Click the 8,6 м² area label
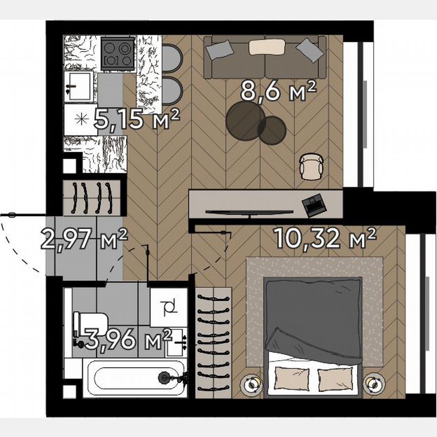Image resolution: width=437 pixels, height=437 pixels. tap(278, 92)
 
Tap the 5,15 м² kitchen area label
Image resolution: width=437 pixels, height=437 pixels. tap(137, 120)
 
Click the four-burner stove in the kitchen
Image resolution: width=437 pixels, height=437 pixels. tap(117, 53)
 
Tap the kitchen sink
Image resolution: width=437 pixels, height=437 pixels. tap(78, 86)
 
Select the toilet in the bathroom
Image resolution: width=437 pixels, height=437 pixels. tap(91, 324)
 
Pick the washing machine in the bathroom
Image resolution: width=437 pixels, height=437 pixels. tap(169, 306)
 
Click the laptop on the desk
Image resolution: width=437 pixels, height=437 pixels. tap(313, 204)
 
